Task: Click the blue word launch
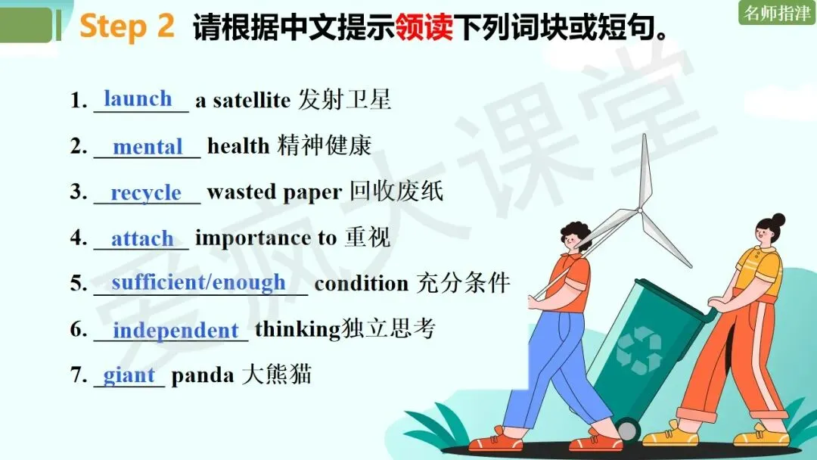point(138,98)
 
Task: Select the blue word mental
point(148,146)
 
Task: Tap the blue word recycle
point(146,193)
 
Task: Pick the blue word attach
point(142,238)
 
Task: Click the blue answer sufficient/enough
point(198,282)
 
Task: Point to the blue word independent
point(176,331)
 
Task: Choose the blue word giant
point(129,375)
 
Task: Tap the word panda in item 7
point(203,376)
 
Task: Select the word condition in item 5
point(362,284)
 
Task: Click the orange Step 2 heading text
point(127,26)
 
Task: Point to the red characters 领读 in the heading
point(424,26)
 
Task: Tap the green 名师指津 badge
point(777,13)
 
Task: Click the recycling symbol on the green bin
point(638,350)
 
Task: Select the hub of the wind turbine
point(640,210)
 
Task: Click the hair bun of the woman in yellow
point(778,220)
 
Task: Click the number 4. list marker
point(79,238)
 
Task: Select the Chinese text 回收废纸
point(396,191)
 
